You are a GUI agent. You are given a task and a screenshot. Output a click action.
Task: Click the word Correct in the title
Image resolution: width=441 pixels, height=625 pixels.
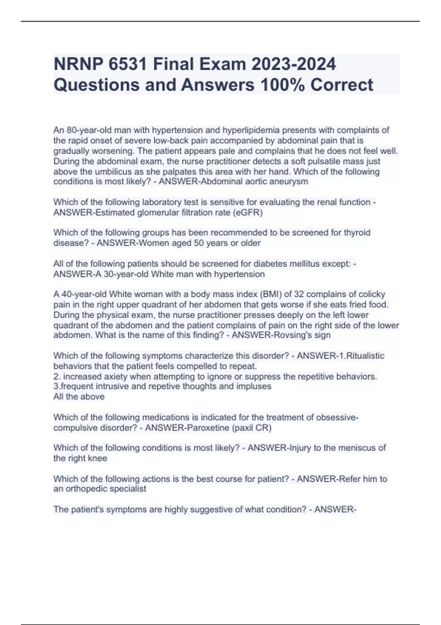[x=342, y=85]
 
